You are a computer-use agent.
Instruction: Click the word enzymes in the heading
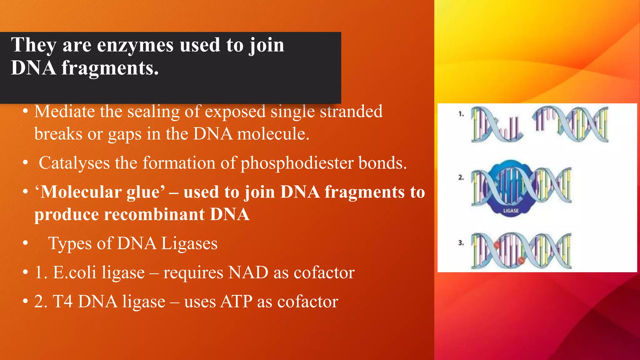pyautogui.click(x=135, y=45)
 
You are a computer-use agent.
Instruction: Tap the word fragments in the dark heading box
pyautogui.click(x=110, y=68)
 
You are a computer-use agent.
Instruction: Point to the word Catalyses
pyautogui.click(x=74, y=163)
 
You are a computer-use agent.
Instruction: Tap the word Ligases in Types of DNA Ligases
pyautogui.click(x=189, y=244)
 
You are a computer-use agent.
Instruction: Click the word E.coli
pyautogui.click(x=74, y=272)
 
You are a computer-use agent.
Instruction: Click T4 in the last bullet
pyautogui.click(x=62, y=302)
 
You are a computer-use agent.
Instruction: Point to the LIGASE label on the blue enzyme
pyautogui.click(x=511, y=211)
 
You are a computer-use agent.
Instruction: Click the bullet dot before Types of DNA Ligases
pyautogui.click(x=26, y=243)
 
